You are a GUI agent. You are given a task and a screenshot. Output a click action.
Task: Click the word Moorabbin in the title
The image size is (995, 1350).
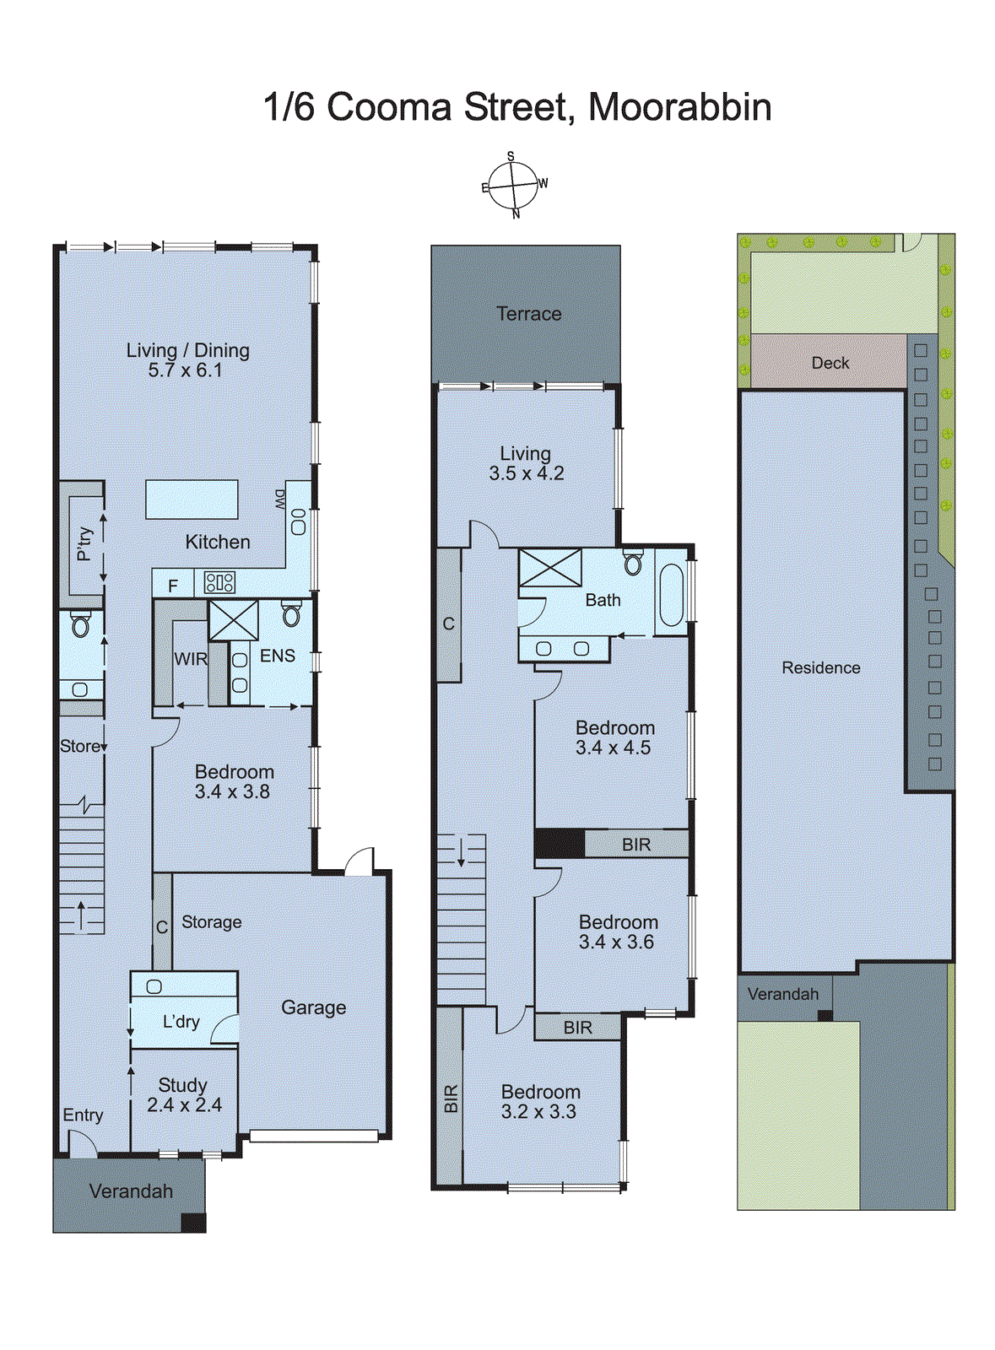pyautogui.click(x=679, y=107)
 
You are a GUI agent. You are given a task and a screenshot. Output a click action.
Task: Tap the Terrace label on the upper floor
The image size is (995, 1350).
pyautogui.click(x=528, y=314)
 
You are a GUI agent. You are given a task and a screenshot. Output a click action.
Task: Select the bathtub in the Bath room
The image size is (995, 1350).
pyautogui.click(x=672, y=595)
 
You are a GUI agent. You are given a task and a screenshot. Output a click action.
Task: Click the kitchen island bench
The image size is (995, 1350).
pyautogui.click(x=192, y=499)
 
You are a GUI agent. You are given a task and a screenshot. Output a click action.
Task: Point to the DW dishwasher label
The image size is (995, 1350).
pyautogui.click(x=279, y=499)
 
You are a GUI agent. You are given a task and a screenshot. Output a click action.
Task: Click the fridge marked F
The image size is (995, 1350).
pyautogui.click(x=173, y=586)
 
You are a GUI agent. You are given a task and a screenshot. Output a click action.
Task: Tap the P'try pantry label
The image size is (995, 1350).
pyautogui.click(x=84, y=544)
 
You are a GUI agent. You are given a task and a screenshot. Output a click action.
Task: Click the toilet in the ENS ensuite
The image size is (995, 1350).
pyautogui.click(x=291, y=613)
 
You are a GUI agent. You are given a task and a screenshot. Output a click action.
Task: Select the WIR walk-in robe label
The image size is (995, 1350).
pyautogui.click(x=191, y=659)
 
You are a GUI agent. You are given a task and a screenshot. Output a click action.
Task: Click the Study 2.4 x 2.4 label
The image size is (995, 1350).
pyautogui.click(x=184, y=1095)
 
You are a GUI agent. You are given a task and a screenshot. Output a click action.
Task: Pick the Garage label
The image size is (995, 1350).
pyautogui.click(x=313, y=1007)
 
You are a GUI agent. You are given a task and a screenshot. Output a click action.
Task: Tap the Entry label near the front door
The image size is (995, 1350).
pyautogui.click(x=83, y=1115)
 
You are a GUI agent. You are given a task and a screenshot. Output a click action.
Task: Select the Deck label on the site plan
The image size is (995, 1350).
pyautogui.click(x=830, y=363)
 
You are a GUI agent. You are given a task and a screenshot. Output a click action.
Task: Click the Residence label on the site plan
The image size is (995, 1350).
pyautogui.click(x=820, y=667)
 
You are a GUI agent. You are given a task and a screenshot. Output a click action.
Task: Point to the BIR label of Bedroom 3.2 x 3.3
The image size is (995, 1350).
pyautogui.click(x=451, y=1099)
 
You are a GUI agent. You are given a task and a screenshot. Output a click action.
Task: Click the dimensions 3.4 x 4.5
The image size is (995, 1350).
pyautogui.click(x=613, y=748)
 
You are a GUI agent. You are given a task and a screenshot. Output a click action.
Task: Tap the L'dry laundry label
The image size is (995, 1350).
pyautogui.click(x=181, y=1022)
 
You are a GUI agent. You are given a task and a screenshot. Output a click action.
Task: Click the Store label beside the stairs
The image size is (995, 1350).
pyautogui.click(x=79, y=746)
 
